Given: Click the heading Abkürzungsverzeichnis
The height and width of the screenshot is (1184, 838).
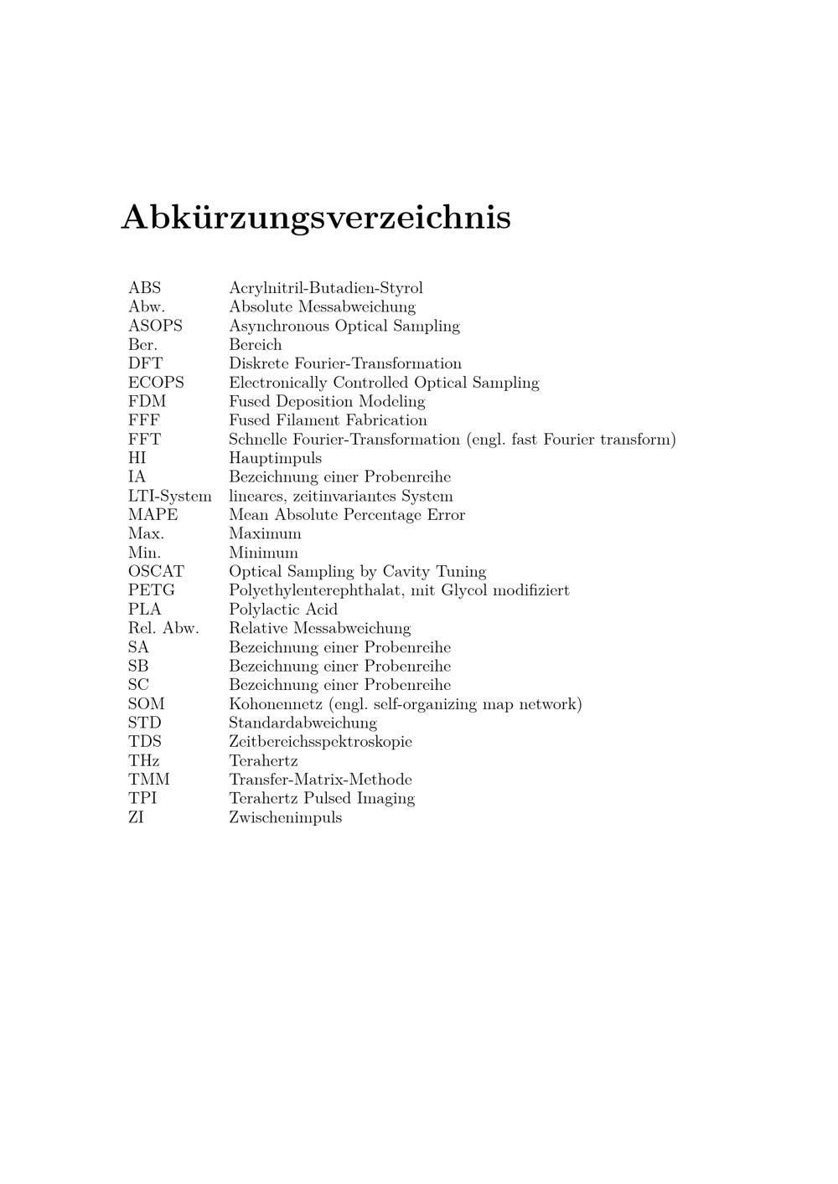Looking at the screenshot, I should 316,217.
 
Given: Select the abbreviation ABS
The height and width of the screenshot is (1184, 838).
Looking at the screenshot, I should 144,288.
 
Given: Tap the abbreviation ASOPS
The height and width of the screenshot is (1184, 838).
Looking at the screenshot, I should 155,326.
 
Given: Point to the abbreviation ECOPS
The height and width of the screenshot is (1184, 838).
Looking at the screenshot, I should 156,383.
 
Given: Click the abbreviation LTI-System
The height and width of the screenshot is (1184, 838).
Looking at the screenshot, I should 169,496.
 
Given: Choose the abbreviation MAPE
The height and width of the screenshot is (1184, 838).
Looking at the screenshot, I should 153,515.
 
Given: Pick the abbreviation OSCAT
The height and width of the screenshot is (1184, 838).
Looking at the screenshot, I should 156,572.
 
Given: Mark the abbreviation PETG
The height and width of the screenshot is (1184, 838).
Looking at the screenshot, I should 151,590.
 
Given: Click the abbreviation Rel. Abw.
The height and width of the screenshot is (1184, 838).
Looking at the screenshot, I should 163,628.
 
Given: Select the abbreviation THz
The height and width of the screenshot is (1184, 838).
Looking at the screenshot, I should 143,760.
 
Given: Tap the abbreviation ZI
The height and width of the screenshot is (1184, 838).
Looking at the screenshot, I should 136,817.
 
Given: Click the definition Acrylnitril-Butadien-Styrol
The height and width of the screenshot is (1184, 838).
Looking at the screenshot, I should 326,288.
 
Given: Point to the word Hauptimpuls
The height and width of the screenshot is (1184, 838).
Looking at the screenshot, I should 275,458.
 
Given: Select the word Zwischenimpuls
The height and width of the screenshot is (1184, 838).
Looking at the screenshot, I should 285,817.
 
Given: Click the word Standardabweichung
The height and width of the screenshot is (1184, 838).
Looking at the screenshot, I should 303,723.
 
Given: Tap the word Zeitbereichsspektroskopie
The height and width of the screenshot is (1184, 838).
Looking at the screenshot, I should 320,742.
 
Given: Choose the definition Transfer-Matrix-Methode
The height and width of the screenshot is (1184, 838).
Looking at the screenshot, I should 320,780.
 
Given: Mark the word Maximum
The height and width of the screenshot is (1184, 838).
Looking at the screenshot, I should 265,533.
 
